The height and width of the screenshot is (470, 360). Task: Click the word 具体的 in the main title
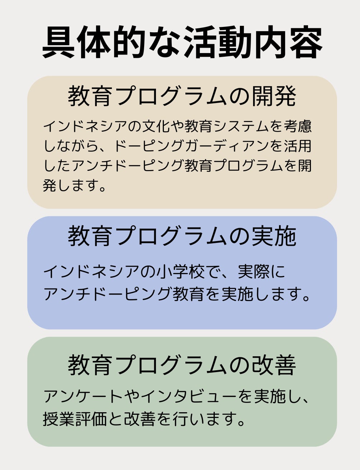(x=93, y=42)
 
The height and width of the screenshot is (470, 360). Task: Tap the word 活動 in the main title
(x=218, y=42)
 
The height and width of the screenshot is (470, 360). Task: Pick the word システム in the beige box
(x=233, y=126)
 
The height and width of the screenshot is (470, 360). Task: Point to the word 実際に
(x=262, y=272)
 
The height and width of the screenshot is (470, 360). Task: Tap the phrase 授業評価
(x=75, y=419)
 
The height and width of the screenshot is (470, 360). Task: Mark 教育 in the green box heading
(x=90, y=365)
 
